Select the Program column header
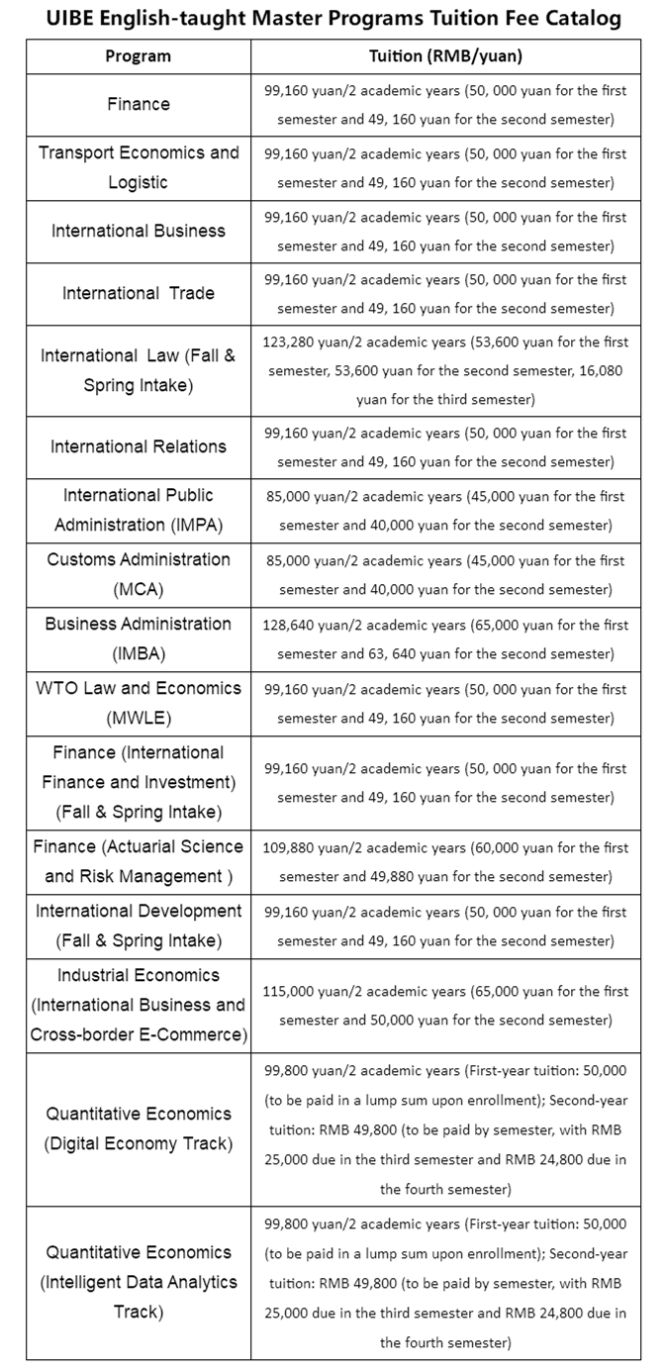tap(139, 56)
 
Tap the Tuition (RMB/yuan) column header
tap(445, 56)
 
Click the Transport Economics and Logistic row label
tap(139, 167)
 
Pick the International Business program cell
tap(139, 231)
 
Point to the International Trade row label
tap(139, 293)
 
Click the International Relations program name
tap(139, 446)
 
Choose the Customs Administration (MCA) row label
tap(139, 574)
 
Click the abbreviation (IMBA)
tap(139, 653)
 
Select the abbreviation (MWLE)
tap(139, 718)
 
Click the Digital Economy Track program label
tap(139, 1143)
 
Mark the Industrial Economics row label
tap(139, 975)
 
